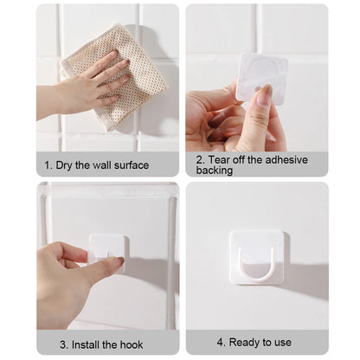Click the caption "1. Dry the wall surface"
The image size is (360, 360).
pos(96,164)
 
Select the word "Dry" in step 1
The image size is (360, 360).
pos(67,164)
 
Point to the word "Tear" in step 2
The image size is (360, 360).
pos(221,158)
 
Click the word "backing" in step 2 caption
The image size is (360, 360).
pos(215,170)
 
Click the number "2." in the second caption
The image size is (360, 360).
pos(200,158)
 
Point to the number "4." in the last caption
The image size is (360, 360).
pos(221,343)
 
